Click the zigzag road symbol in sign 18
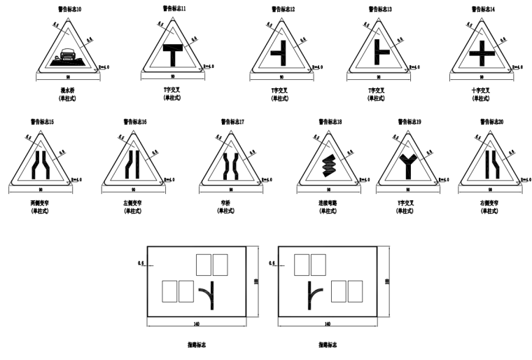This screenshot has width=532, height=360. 328,166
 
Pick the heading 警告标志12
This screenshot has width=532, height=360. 283,10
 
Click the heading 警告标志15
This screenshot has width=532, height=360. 42,122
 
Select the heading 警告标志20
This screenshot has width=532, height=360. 491,122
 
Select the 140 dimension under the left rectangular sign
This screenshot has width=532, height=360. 197,324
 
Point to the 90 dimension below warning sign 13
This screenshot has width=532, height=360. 380,76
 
